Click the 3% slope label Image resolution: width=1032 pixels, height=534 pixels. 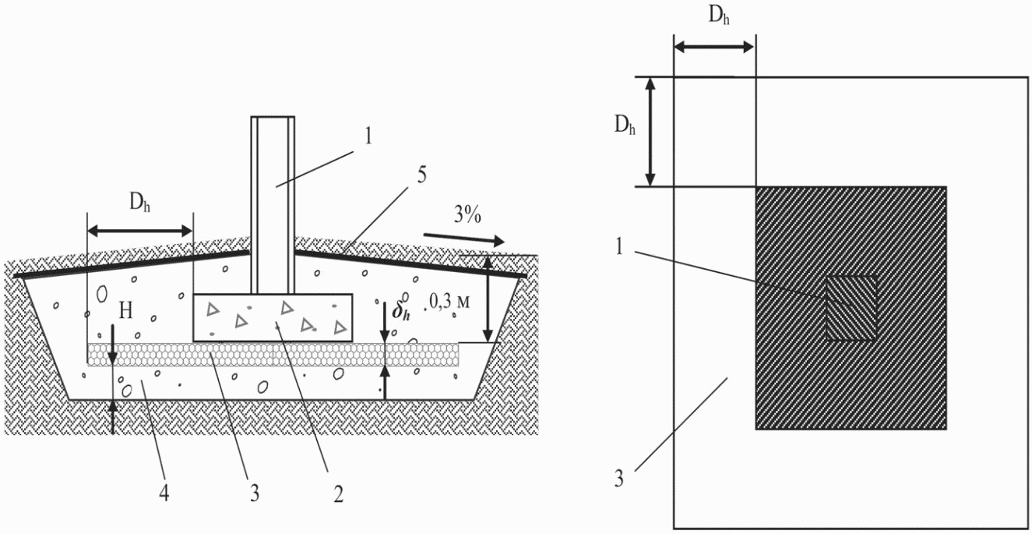tap(467, 215)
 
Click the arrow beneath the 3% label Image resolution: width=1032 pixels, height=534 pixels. tap(464, 238)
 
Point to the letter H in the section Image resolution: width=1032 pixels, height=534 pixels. tap(125, 310)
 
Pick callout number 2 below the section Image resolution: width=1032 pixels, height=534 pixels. tap(338, 495)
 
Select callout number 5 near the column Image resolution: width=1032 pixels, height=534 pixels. tap(421, 175)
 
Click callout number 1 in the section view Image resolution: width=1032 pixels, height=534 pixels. tap(368, 137)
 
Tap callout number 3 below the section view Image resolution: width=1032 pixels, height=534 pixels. tap(255, 494)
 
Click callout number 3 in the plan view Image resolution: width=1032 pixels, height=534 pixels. tap(618, 479)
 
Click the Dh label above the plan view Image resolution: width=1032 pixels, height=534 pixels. tap(719, 16)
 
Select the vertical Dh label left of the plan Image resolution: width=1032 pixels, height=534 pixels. tap(625, 125)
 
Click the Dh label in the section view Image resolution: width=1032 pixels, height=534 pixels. tap(139, 203)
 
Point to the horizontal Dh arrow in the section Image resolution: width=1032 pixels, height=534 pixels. tap(140, 231)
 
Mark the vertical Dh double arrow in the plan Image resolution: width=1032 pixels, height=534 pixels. tap(650, 132)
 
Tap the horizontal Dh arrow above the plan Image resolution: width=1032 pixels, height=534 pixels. tap(714, 47)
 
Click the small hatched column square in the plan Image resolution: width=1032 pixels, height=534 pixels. tap(851, 308)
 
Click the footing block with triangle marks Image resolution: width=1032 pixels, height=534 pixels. tap(273, 318)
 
